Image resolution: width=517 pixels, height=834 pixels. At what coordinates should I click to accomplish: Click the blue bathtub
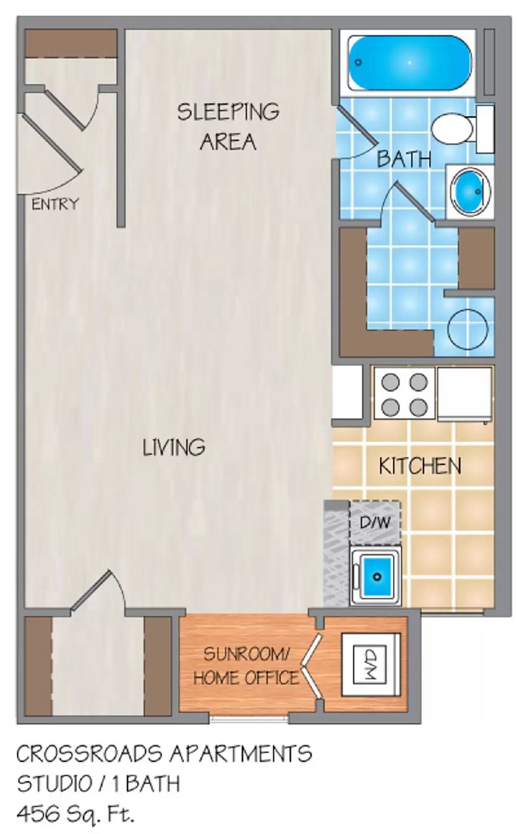(410, 63)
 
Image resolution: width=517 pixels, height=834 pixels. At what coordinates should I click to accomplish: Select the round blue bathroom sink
(470, 191)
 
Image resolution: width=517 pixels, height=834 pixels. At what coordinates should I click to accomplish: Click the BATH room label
(404, 158)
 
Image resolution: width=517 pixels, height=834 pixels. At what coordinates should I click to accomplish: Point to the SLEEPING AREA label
(228, 127)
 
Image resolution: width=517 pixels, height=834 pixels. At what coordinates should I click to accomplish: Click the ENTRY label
(55, 204)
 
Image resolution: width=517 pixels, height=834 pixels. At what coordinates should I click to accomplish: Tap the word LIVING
(174, 447)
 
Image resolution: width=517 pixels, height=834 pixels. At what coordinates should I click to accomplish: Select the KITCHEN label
(419, 465)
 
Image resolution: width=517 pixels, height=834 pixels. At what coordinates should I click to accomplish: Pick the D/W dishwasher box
(375, 522)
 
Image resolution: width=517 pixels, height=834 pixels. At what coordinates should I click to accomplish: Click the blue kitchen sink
(376, 575)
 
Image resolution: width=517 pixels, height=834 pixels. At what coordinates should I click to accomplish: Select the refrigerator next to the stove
(464, 393)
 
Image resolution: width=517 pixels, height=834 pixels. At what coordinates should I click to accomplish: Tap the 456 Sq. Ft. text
(76, 813)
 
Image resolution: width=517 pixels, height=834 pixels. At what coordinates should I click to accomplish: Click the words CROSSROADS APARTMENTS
(164, 754)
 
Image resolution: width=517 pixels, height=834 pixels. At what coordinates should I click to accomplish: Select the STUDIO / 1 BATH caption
(99, 783)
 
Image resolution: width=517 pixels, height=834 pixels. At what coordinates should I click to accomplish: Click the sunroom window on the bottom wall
(249, 719)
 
